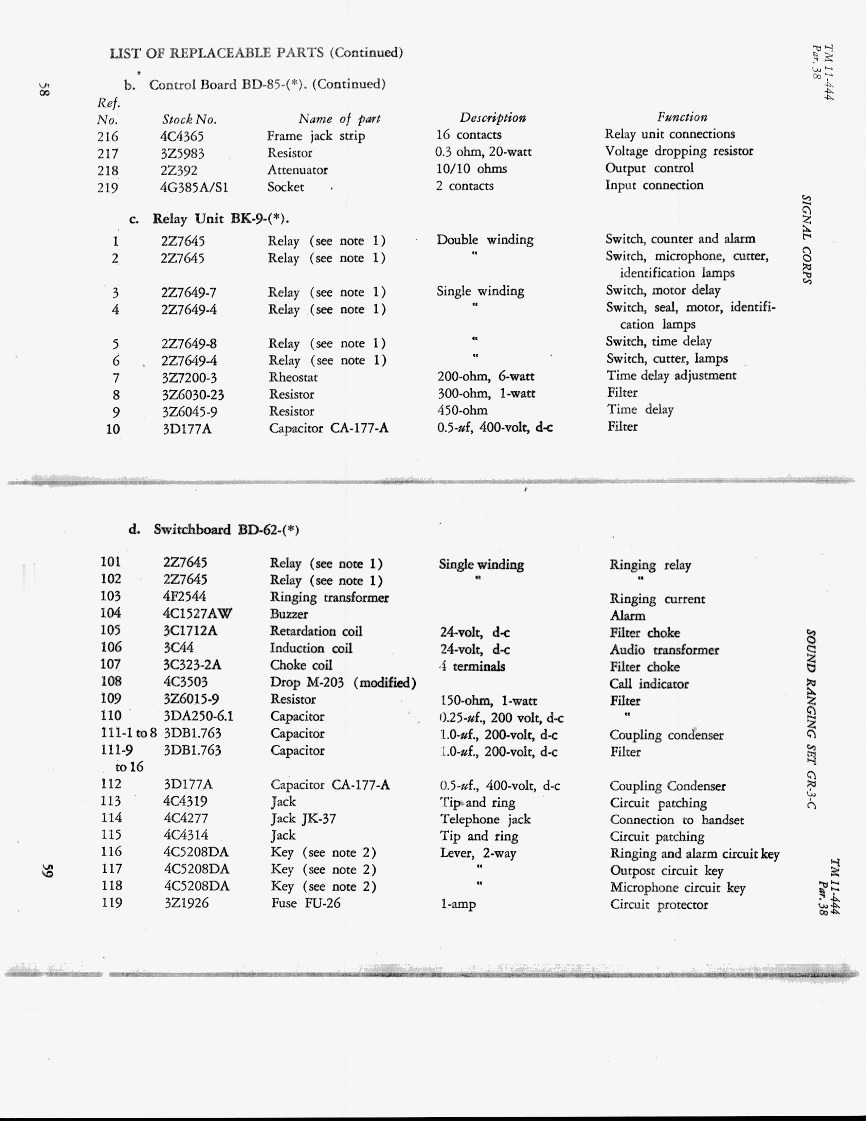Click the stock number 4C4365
coord(182,137)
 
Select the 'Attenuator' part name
coord(297,170)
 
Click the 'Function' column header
coord(682,118)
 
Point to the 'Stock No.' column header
coord(189,120)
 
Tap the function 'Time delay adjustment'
coord(671,376)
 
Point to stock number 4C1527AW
coord(198,613)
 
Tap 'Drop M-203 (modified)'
coord(343,683)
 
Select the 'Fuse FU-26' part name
coord(305,903)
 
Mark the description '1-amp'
coord(458,904)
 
